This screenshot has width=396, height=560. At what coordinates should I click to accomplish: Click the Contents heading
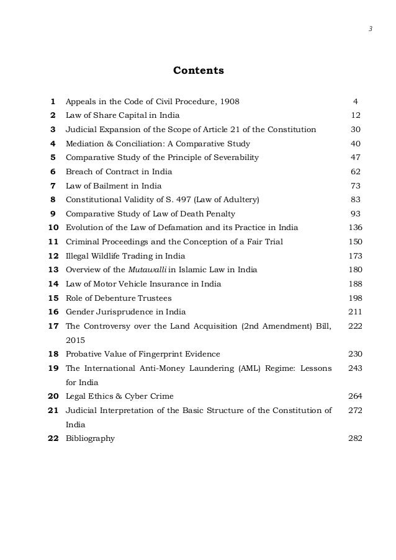point(198,71)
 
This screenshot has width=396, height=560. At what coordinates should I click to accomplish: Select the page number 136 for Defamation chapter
point(355,228)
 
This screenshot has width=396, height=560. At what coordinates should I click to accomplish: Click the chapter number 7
point(53,185)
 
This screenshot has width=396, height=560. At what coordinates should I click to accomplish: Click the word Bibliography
point(90,438)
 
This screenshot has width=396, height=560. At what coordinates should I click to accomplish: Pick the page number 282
point(355,438)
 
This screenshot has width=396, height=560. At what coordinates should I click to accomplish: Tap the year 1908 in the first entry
point(229,101)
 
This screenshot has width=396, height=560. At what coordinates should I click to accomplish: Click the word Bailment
point(102,185)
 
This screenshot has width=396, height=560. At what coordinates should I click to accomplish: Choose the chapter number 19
point(53,368)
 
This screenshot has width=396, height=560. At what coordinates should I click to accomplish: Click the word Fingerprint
point(166,354)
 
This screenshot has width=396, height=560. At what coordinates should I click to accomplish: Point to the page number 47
point(355,158)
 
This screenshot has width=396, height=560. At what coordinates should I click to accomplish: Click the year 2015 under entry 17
point(76,340)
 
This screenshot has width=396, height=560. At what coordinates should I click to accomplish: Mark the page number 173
point(355,256)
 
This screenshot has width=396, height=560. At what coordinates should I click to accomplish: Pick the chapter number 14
point(53,284)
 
